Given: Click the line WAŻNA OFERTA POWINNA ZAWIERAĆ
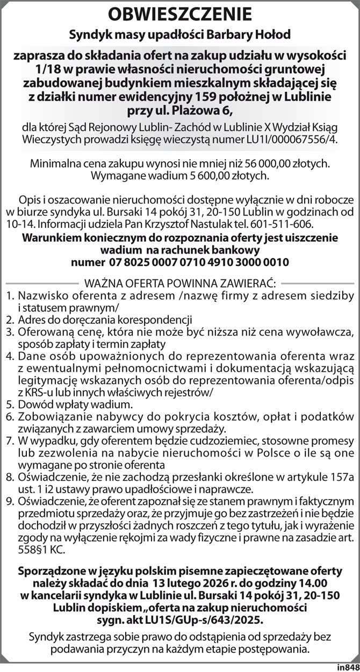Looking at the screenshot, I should coord(180,283).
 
